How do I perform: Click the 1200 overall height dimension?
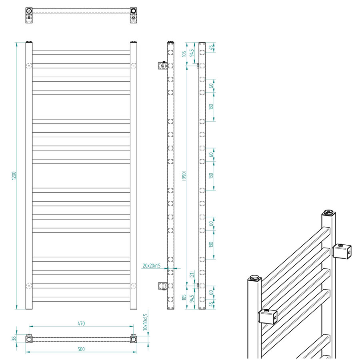tap(14, 176)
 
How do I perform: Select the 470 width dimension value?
tap(81, 323)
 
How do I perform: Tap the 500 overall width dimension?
tap(81, 349)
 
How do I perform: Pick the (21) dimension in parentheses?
tap(192, 275)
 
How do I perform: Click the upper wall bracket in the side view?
tap(162, 65)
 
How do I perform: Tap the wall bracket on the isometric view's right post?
tap(342, 252)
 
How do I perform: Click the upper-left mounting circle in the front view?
tap(28, 66)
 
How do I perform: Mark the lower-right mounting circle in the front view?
tap(133, 286)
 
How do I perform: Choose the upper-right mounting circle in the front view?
tap(133, 66)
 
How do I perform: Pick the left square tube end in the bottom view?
tap(29, 339)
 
